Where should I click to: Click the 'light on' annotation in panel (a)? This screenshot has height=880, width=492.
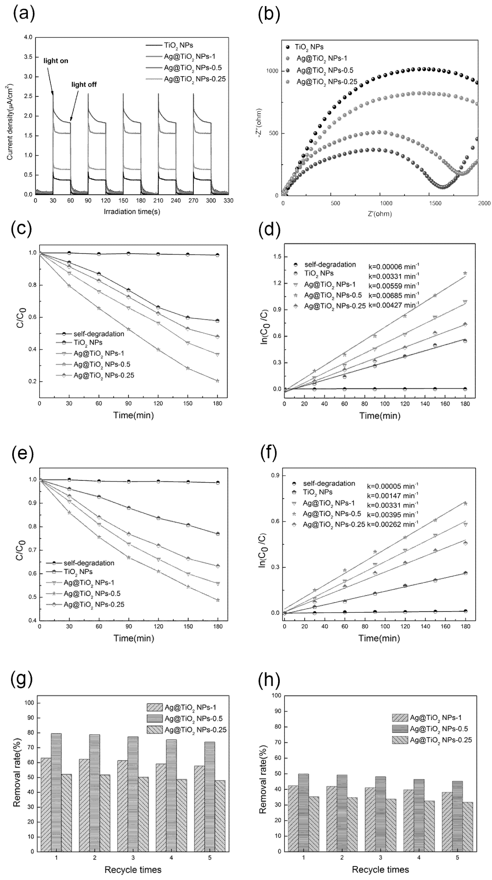coord(56,61)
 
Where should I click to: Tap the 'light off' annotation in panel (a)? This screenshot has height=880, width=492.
coord(84,84)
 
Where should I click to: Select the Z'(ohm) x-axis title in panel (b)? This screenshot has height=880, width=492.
coord(379,214)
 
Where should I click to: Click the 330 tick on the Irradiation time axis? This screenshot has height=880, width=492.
coord(228,201)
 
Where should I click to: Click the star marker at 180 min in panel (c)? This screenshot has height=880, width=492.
coord(217,381)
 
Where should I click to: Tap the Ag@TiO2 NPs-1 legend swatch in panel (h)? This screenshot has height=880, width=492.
coord(400,718)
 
